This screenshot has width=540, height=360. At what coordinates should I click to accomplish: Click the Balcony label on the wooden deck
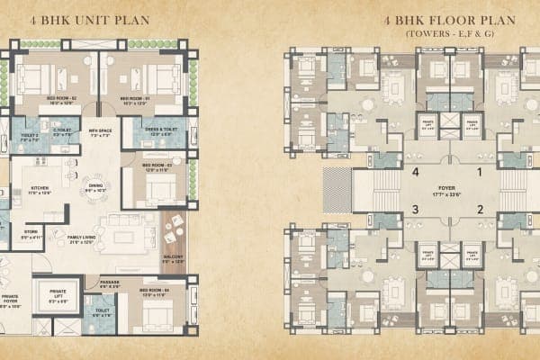(x=174, y=258)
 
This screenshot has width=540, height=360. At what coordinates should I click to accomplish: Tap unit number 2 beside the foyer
(x=481, y=209)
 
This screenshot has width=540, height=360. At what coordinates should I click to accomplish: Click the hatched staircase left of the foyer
(x=337, y=190)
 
